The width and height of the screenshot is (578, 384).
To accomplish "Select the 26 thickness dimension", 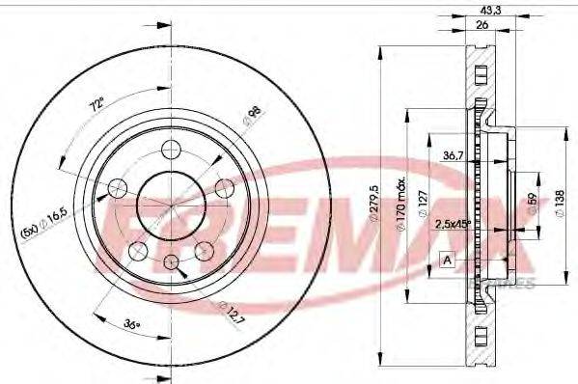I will (x=480, y=25).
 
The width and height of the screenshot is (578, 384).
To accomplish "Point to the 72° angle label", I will (x=95, y=102).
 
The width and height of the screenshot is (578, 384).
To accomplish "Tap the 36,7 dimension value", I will (x=455, y=155).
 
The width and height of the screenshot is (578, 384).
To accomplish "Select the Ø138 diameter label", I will (x=560, y=202).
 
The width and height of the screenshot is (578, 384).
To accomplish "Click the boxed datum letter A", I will (x=447, y=259).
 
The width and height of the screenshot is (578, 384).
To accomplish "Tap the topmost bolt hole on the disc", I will (x=173, y=149).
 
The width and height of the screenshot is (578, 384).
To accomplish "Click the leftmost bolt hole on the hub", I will (x=122, y=187).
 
